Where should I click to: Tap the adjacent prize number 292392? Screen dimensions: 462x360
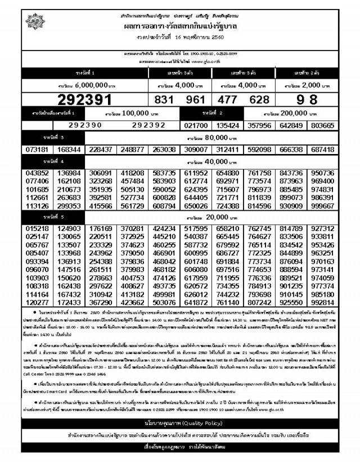tap(147, 124)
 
